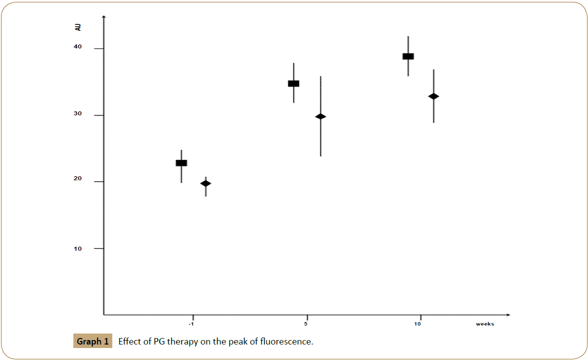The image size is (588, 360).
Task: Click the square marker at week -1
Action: tap(181, 163)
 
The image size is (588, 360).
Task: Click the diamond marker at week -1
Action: tap(206, 183)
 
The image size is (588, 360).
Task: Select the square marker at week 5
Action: tap(294, 83)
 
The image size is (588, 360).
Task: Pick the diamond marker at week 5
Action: tap(320, 116)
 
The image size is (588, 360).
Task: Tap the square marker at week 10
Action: tap(408, 56)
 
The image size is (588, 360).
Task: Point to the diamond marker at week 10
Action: tap(433, 96)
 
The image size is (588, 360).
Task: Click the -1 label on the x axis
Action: tap(191, 324)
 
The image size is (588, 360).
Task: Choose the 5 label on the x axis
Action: tap(306, 324)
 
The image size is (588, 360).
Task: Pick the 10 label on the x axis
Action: tap(417, 324)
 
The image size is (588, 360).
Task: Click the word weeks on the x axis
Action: tap(485, 324)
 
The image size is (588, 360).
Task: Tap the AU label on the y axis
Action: tap(78, 27)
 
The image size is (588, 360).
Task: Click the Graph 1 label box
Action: tap(92, 342)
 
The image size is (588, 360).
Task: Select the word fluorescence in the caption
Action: tap(286, 342)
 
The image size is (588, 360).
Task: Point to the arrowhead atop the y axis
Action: tap(103, 17)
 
